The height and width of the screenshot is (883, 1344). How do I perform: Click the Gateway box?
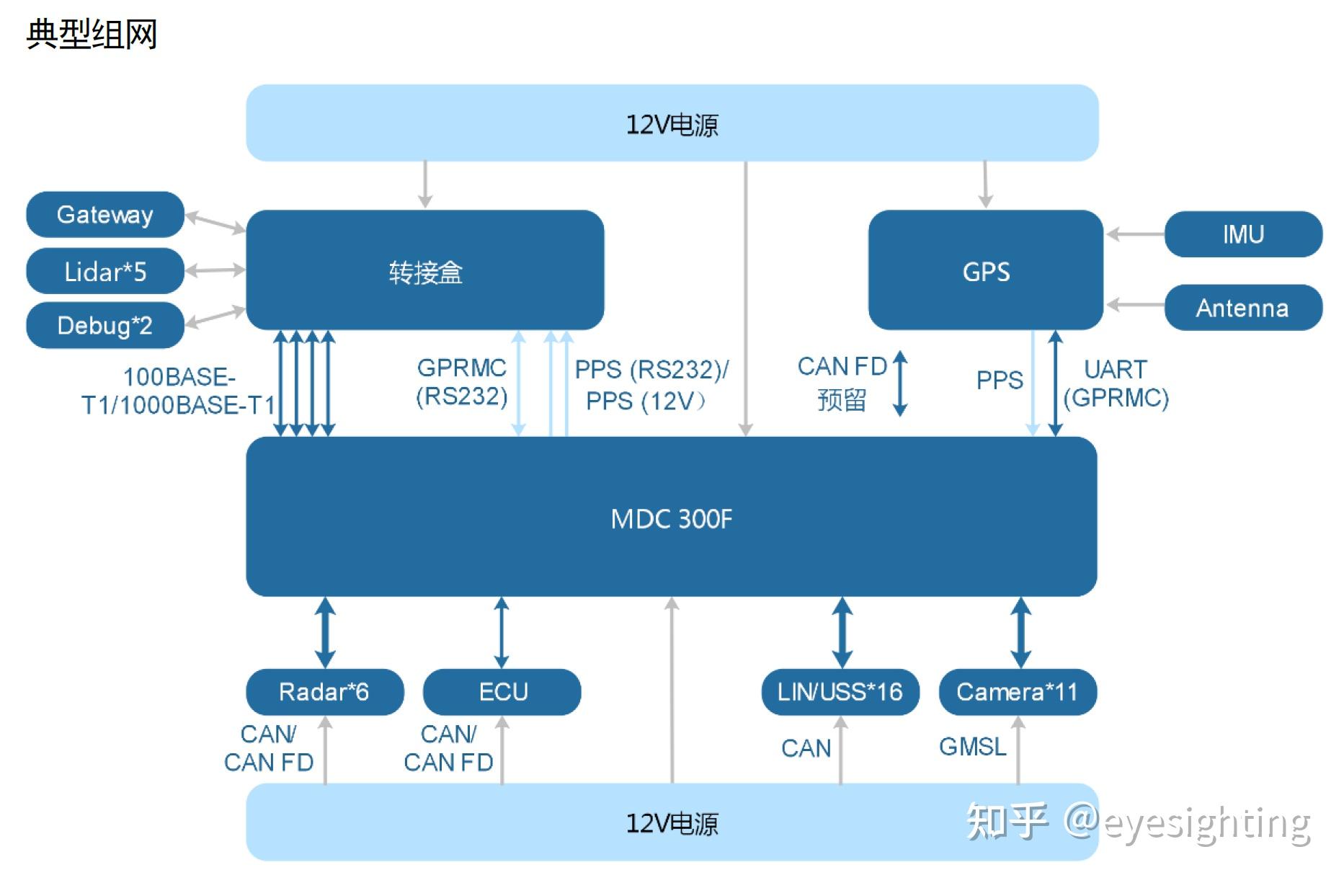[x=105, y=214]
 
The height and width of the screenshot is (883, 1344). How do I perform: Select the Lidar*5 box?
[x=105, y=271]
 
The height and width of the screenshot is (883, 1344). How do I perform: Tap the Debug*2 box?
[x=105, y=325]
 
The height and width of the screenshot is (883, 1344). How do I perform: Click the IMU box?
[x=1243, y=234]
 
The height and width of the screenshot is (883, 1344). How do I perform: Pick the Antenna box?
[x=1243, y=308]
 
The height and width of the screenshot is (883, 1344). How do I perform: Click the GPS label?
[x=986, y=272]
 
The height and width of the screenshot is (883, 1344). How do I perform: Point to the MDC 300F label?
[x=672, y=519]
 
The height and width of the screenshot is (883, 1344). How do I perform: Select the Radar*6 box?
[x=325, y=692]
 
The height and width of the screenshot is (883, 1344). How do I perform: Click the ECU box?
[x=502, y=692]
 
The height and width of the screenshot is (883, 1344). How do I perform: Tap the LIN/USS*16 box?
[x=840, y=692]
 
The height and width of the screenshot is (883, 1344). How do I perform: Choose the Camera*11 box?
[x=1018, y=692]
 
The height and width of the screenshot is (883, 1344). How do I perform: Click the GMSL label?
[x=973, y=747]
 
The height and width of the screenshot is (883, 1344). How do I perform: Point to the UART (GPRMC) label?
[x=1116, y=383]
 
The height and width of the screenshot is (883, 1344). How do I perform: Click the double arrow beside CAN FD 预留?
[x=900, y=383]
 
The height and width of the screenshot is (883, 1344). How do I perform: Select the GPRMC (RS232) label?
[x=462, y=382]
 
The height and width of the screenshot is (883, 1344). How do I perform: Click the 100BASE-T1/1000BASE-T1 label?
[x=178, y=391]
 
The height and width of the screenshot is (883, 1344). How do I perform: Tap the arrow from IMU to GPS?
[x=1136, y=234]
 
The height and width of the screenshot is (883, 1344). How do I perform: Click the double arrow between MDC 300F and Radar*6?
[x=325, y=632]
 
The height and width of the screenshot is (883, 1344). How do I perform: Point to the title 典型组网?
[x=92, y=34]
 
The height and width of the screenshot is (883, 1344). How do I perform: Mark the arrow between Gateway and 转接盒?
[x=215, y=222]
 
